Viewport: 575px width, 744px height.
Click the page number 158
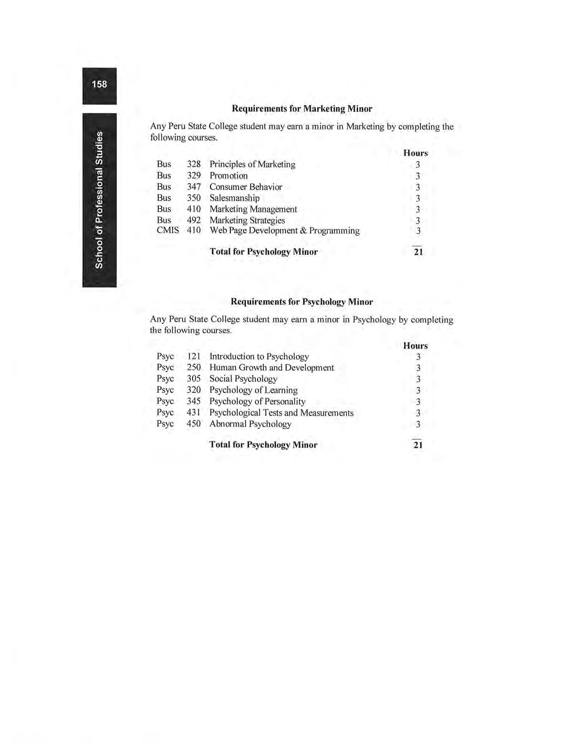[x=99, y=84]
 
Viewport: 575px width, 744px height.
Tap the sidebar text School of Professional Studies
[x=99, y=200]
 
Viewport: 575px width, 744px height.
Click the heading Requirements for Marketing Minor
[x=302, y=109]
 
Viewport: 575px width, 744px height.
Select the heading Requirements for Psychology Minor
[x=302, y=302]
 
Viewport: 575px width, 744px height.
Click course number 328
[x=193, y=164]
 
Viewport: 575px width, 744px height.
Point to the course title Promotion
[x=229, y=175]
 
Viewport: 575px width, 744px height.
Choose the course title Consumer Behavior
[x=246, y=187]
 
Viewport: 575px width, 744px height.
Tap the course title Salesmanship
[x=235, y=198]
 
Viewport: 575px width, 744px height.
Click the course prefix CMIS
[x=168, y=230]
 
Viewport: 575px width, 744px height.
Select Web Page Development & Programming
[x=285, y=230]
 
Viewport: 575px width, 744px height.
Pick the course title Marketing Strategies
[x=247, y=220]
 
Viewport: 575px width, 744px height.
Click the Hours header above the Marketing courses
[x=415, y=153]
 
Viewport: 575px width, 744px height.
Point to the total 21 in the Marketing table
[x=418, y=252]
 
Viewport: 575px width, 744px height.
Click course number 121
[x=193, y=356]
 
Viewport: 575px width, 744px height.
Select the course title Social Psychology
[x=243, y=379]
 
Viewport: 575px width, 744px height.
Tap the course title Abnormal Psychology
[x=250, y=424]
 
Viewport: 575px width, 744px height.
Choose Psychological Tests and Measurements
[x=281, y=413]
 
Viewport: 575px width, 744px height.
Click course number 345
[x=193, y=401]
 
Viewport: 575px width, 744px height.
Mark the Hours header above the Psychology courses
[x=415, y=346]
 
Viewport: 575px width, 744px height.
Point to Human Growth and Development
[x=271, y=367]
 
